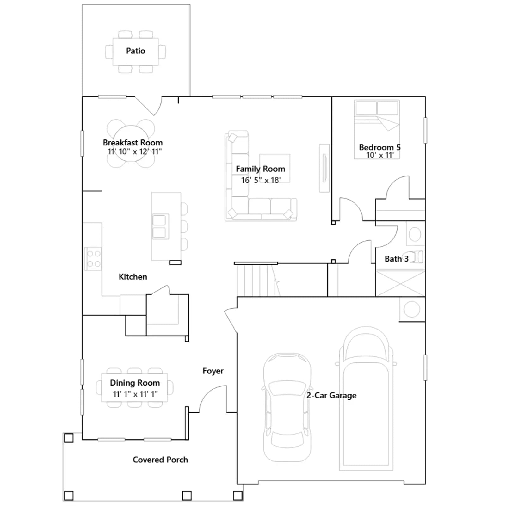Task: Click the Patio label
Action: pyautogui.click(x=136, y=51)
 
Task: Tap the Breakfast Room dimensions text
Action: pyautogui.click(x=135, y=152)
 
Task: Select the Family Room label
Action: pyautogui.click(x=261, y=169)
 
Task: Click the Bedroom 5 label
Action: pyautogui.click(x=380, y=147)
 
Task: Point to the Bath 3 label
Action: pyautogui.click(x=397, y=259)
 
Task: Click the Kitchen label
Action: pyautogui.click(x=133, y=277)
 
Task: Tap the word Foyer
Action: pyautogui.click(x=213, y=371)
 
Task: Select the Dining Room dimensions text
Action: pyautogui.click(x=135, y=394)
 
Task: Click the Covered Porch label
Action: pyautogui.click(x=160, y=460)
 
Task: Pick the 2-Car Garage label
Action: pyautogui.click(x=331, y=395)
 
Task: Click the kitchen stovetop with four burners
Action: pyautogui.click(x=93, y=259)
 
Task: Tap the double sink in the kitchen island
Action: pyautogui.click(x=160, y=226)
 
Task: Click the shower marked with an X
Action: pyautogui.click(x=400, y=283)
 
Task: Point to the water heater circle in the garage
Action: pyautogui.click(x=412, y=309)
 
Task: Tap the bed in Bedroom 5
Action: pyautogui.click(x=377, y=129)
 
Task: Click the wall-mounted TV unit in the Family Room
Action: pyautogui.click(x=324, y=168)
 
